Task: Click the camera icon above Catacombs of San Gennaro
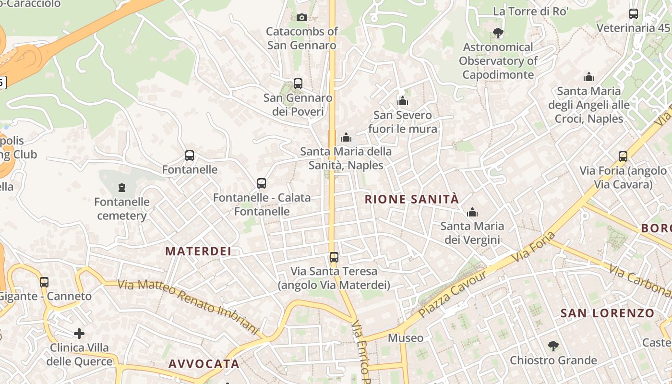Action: click(301, 18)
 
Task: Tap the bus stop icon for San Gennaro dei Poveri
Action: click(298, 84)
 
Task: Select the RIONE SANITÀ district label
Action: click(412, 199)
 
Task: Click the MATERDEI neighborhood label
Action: click(198, 251)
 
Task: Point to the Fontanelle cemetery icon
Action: click(122, 187)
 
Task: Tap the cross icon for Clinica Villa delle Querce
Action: click(79, 333)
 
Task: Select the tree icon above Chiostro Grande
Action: click(553, 346)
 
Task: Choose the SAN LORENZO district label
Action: click(607, 313)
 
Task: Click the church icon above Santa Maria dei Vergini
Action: click(472, 212)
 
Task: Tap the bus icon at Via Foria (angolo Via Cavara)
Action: click(623, 156)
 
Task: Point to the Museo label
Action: click(406, 338)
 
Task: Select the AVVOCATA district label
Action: click(204, 363)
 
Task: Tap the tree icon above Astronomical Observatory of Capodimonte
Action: click(498, 33)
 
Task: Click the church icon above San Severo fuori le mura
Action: click(403, 101)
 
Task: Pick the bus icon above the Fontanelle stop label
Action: click(190, 156)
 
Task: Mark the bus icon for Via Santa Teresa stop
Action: click(334, 257)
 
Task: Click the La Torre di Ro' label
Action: click(530, 11)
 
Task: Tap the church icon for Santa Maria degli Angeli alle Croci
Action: click(589, 77)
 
